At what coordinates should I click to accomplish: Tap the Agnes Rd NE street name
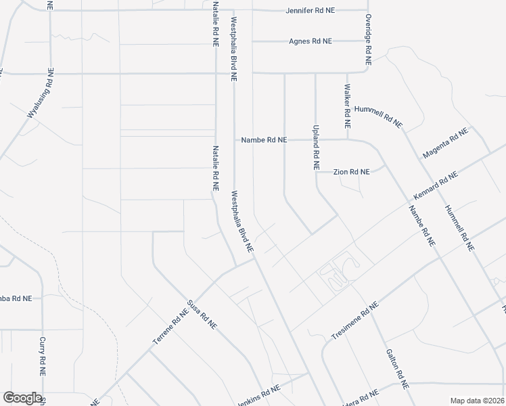310,41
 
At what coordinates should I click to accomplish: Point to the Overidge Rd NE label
369,39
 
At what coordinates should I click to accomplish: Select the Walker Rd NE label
347,106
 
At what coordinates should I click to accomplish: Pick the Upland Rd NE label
315,147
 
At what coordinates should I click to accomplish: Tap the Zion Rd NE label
352,172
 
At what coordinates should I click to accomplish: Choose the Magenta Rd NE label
445,143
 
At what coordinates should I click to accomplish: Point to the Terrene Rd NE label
170,328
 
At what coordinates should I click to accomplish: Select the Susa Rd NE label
202,315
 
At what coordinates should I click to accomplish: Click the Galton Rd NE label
396,368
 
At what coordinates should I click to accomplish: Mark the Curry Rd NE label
42,356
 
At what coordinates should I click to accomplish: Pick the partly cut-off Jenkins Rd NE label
258,394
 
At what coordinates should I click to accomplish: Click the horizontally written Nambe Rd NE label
264,140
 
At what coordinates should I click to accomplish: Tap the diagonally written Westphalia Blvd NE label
242,221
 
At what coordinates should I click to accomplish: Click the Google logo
22,398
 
